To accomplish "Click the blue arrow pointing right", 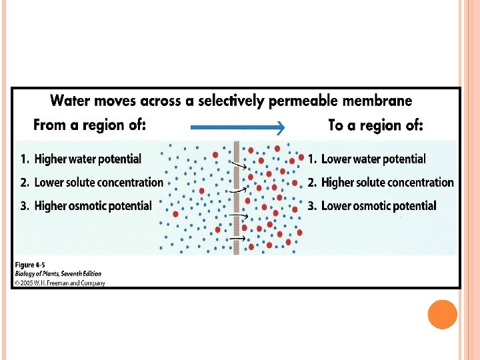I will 237,127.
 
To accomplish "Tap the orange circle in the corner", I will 442,314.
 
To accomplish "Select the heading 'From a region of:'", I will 90,125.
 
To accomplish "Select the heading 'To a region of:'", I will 376,125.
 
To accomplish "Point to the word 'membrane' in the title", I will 377,101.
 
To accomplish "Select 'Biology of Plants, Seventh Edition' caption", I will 58,273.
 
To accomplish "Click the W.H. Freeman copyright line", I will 59,282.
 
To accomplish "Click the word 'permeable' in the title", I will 303,101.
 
